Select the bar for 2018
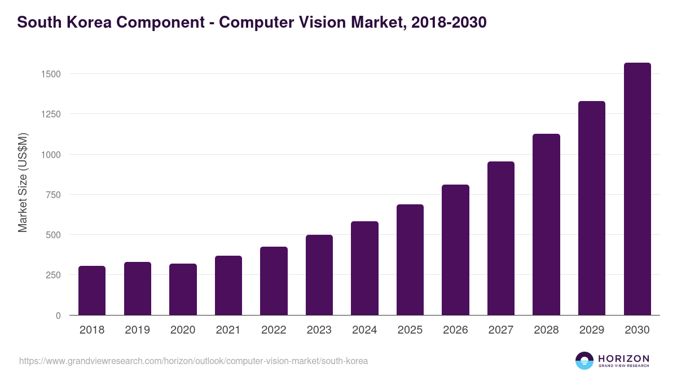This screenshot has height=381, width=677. pyautogui.click(x=92, y=291)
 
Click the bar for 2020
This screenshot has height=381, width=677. pyautogui.click(x=183, y=290)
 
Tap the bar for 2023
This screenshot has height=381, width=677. pyautogui.click(x=319, y=275)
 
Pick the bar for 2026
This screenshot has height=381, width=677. pyautogui.click(x=455, y=250)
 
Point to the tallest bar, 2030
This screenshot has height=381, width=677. pyautogui.click(x=637, y=189)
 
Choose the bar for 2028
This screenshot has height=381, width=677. pyautogui.click(x=546, y=225)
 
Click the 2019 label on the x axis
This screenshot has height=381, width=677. pyautogui.click(x=137, y=330)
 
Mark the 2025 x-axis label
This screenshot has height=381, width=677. pyautogui.click(x=410, y=330)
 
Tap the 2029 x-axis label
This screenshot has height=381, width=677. pyautogui.click(x=592, y=330)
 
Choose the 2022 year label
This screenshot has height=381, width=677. pyautogui.click(x=274, y=330)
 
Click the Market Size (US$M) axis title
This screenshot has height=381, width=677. pyautogui.click(x=23, y=182)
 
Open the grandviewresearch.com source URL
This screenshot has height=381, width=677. pyautogui.click(x=194, y=361)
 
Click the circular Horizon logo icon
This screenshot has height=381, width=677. pyautogui.click(x=584, y=361)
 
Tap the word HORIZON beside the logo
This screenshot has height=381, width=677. pyautogui.click(x=623, y=358)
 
